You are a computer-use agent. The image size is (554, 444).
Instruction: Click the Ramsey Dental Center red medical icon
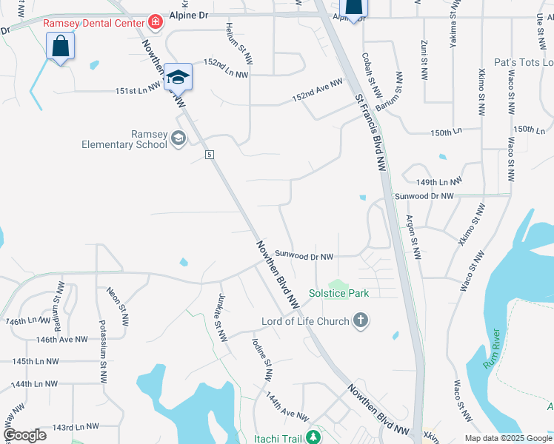pos(155,22)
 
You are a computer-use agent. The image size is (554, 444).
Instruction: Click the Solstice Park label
pos(339,293)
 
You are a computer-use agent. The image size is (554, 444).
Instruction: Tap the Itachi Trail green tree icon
pos(313,437)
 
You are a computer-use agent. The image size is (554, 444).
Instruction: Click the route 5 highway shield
pos(210,154)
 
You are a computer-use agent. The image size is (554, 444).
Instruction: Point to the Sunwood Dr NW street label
pos(304,256)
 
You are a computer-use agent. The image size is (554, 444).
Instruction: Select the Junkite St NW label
pos(221,318)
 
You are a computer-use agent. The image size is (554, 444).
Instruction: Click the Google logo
pos(24,434)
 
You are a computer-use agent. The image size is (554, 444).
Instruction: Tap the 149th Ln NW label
pos(439,181)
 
